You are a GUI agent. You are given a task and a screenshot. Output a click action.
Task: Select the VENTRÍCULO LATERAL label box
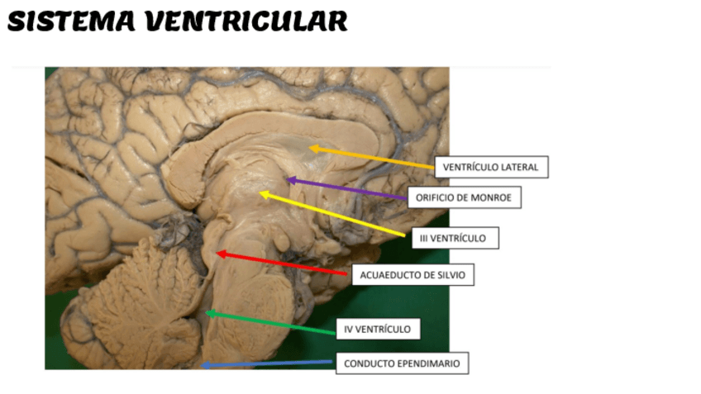pyautogui.click(x=490, y=167)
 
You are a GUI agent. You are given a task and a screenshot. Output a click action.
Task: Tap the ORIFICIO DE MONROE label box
pyautogui.click(x=463, y=197)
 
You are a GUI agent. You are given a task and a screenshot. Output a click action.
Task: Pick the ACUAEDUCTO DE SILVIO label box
pyautogui.click(x=412, y=275)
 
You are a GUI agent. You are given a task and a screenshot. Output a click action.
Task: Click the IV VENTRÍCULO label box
pyautogui.click(x=378, y=329)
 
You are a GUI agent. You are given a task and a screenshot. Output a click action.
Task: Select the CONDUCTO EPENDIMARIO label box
pyautogui.click(x=402, y=363)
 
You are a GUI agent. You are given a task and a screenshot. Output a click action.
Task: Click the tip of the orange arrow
pyautogui.click(x=309, y=148)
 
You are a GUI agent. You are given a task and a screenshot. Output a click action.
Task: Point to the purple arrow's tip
pyautogui.click(x=285, y=178)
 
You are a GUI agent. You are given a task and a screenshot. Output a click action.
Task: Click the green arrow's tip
pyautogui.click(x=205, y=312)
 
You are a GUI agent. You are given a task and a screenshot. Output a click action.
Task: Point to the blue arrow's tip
pyautogui.click(x=201, y=364)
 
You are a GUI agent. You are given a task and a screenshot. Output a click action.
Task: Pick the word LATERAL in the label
pyautogui.click(x=520, y=167)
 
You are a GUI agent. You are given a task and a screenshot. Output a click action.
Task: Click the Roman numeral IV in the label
pyautogui.click(x=350, y=329)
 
